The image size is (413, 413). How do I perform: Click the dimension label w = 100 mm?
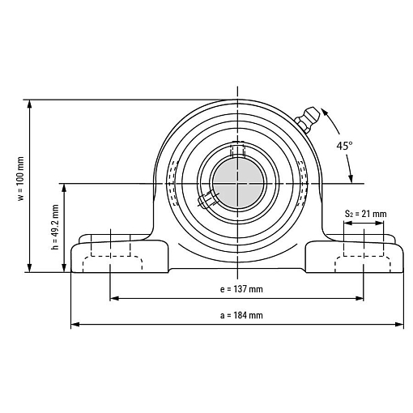[x=21, y=178]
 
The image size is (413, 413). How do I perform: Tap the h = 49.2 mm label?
[x=55, y=227]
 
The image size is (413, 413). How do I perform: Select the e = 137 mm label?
[x=241, y=289]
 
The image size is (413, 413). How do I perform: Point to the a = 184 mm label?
[x=241, y=315]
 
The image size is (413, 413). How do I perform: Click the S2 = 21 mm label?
[x=366, y=214]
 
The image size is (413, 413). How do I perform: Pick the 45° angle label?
[x=344, y=146]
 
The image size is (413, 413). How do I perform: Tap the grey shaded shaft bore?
[x=238, y=183]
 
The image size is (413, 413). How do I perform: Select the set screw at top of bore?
[x=237, y=150]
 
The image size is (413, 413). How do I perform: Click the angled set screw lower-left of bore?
[x=208, y=199]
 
